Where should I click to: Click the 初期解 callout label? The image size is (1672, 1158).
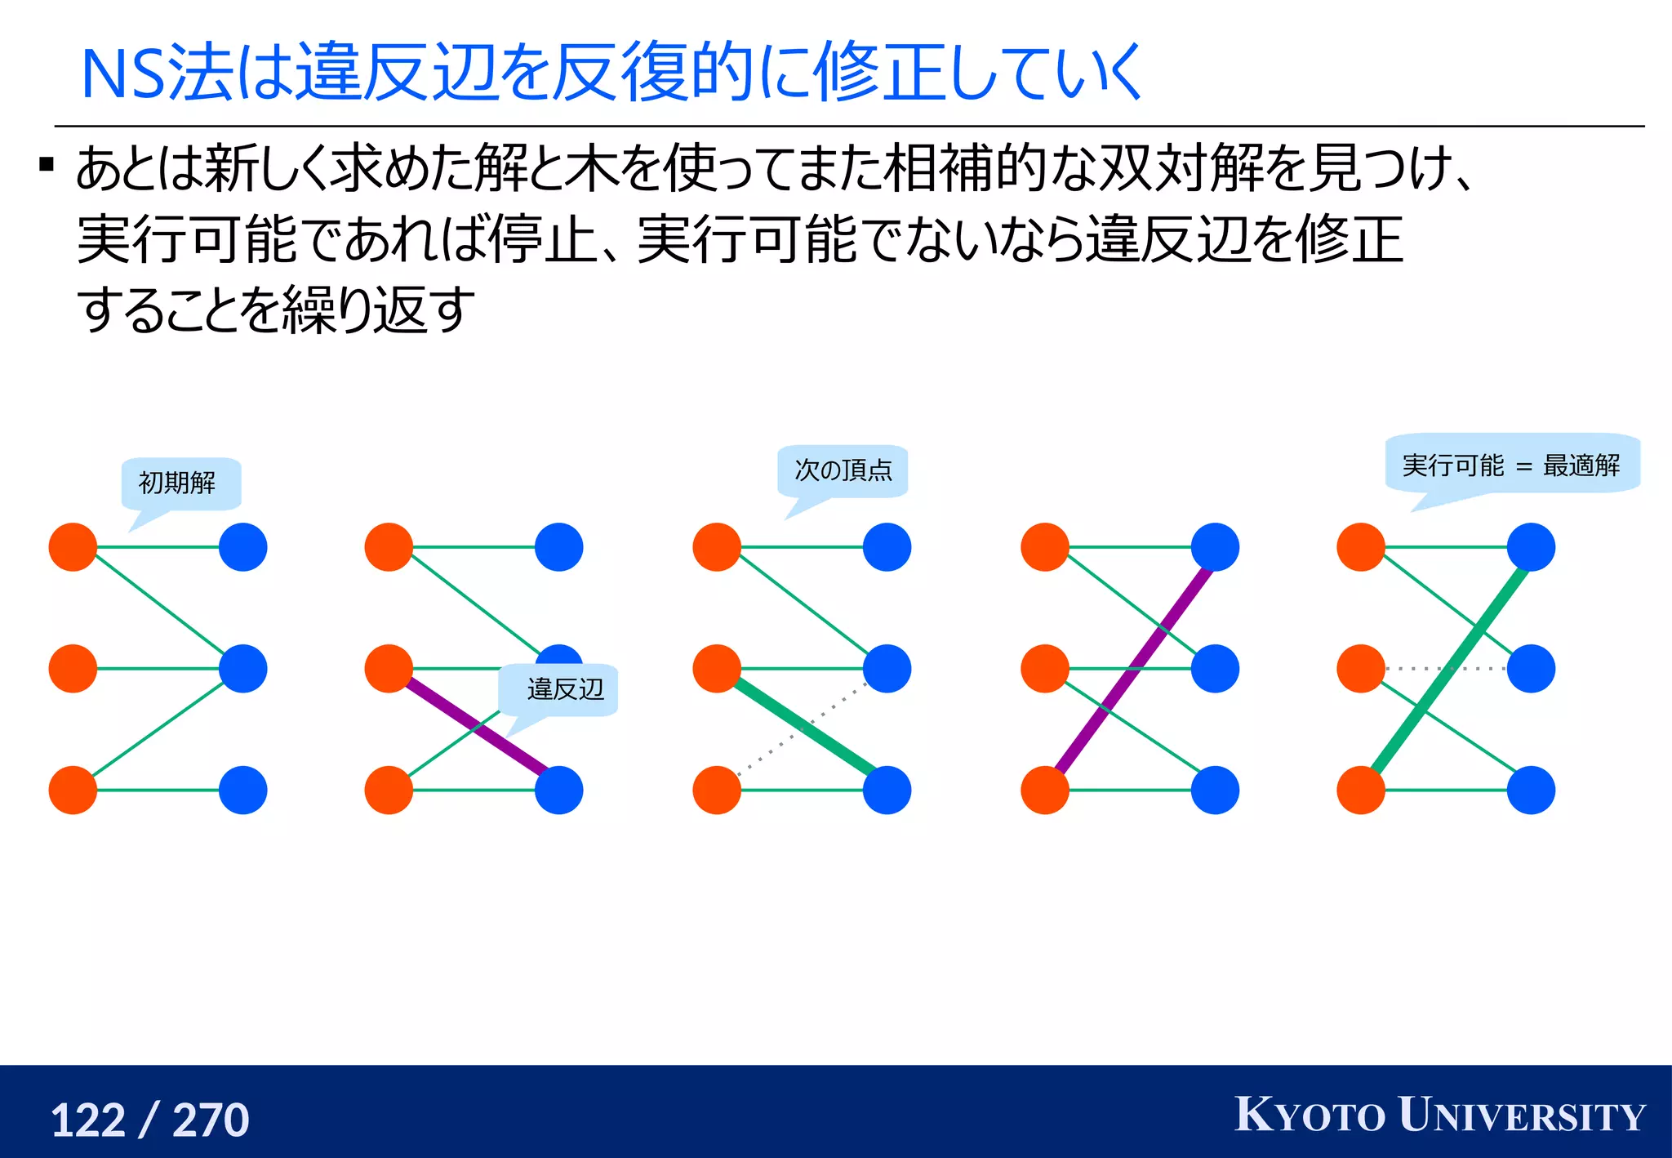(178, 483)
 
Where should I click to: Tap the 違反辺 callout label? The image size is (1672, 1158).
(564, 689)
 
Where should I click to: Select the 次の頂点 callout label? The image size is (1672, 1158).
(843, 470)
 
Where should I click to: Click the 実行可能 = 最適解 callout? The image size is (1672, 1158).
(1511, 465)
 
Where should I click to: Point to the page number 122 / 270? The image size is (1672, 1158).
(150, 1120)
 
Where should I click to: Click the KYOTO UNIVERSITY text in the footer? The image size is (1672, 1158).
(1439, 1116)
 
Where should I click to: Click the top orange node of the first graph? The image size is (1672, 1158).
(73, 547)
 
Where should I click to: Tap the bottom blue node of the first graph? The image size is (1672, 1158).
(243, 790)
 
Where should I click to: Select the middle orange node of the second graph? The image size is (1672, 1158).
(389, 669)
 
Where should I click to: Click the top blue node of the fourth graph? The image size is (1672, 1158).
(1215, 547)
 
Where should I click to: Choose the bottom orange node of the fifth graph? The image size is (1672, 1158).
(1361, 790)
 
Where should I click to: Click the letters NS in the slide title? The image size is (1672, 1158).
(122, 75)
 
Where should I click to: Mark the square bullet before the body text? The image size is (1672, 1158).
(47, 166)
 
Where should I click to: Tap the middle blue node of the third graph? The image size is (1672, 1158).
(887, 669)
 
